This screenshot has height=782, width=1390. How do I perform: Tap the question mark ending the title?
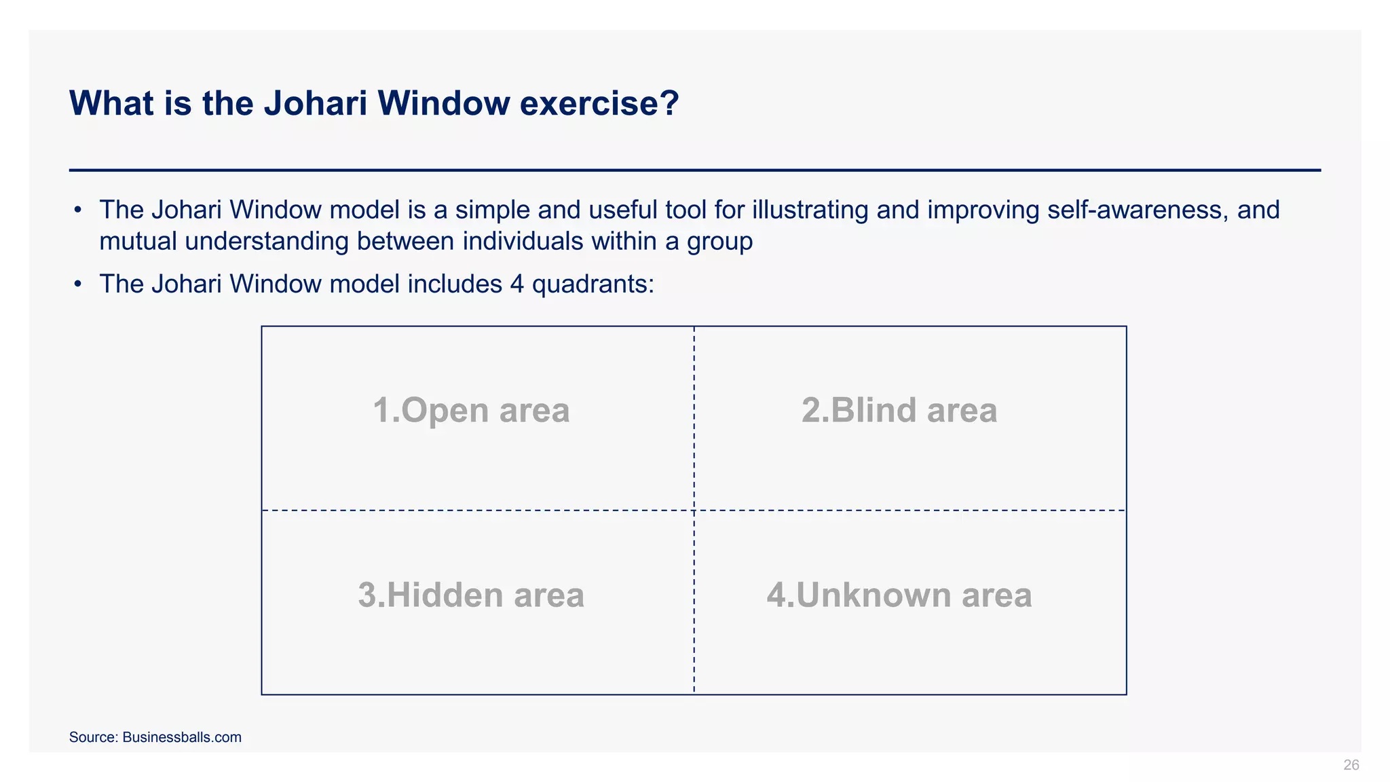click(669, 103)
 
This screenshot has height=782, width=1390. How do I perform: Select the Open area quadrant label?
click(471, 410)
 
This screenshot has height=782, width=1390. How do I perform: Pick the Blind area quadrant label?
click(899, 410)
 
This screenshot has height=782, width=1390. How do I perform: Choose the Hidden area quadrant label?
click(471, 595)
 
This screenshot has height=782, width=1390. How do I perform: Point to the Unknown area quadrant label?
click(899, 595)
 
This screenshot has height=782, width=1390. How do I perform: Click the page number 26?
click(1351, 765)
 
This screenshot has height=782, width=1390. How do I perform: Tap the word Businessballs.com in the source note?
click(182, 737)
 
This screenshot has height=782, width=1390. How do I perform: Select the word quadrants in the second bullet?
click(593, 284)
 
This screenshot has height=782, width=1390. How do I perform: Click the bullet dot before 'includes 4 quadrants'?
click(78, 284)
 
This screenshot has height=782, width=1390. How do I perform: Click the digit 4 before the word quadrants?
click(516, 284)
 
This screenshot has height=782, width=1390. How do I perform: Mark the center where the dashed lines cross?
click(694, 510)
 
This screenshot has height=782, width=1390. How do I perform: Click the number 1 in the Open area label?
click(382, 410)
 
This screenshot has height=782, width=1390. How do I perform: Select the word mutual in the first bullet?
click(138, 241)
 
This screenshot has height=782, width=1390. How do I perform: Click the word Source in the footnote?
click(92, 737)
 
